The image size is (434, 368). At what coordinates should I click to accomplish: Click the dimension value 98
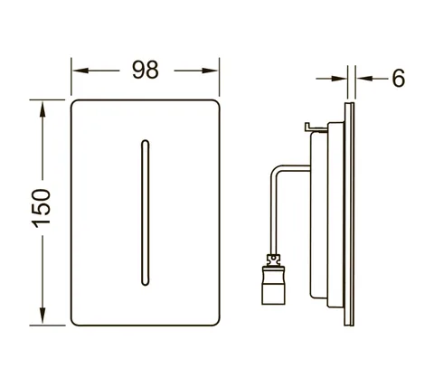pos(145,70)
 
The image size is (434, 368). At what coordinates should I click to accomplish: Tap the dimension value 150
pos(42,208)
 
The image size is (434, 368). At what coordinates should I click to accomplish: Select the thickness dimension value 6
pos(398,79)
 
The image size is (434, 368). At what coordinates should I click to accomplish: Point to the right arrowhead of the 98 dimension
pos(210,71)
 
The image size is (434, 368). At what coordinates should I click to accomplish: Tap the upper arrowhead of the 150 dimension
pos(42,110)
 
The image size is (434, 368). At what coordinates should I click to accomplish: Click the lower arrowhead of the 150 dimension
pos(42,315)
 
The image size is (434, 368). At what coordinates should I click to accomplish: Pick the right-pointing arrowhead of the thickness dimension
pos(339,79)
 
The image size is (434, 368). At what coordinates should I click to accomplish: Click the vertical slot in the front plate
pos(145,212)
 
